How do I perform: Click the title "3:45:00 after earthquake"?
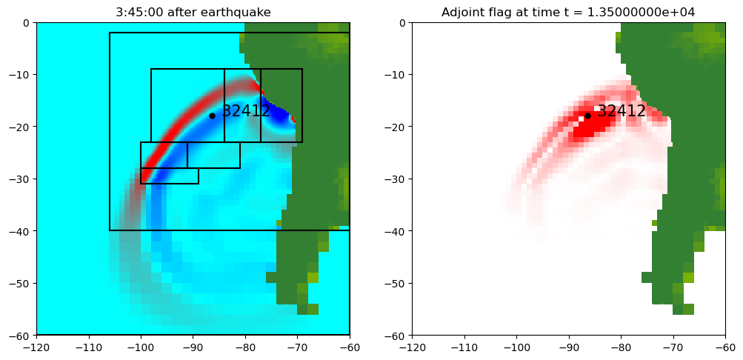tap(193, 12)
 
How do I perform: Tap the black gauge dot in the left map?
tap(212, 116)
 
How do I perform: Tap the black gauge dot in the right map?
tap(587, 116)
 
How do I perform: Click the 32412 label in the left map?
tap(246, 111)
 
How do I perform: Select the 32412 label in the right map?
tap(622, 111)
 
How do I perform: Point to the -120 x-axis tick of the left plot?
tap(36, 347)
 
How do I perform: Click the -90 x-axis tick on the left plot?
tap(193, 347)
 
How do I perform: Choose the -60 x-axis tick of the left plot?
tap(350, 347)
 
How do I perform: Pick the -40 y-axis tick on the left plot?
tap(21, 231)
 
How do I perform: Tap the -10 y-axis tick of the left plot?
tap(21, 75)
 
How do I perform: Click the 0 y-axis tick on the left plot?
tap(27, 22)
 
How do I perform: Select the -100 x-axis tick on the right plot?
tap(516, 347)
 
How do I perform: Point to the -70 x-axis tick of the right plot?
tap(673, 347)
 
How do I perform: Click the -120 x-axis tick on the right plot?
tap(412, 347)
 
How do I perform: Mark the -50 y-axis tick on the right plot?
tap(396, 283)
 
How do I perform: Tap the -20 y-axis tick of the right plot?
tap(396, 127)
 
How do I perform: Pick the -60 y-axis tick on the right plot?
tap(396, 336)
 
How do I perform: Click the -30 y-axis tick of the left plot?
tap(21, 179)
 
